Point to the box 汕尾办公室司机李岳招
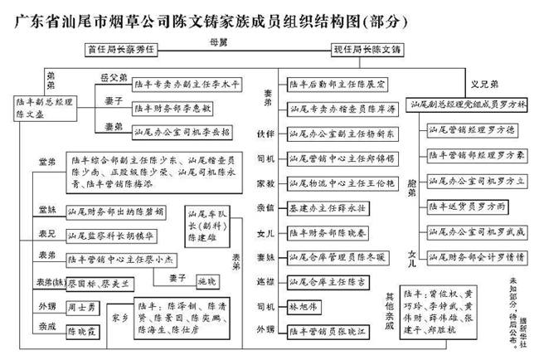point(181,130)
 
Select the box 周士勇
point(83,308)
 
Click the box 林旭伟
point(304,309)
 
